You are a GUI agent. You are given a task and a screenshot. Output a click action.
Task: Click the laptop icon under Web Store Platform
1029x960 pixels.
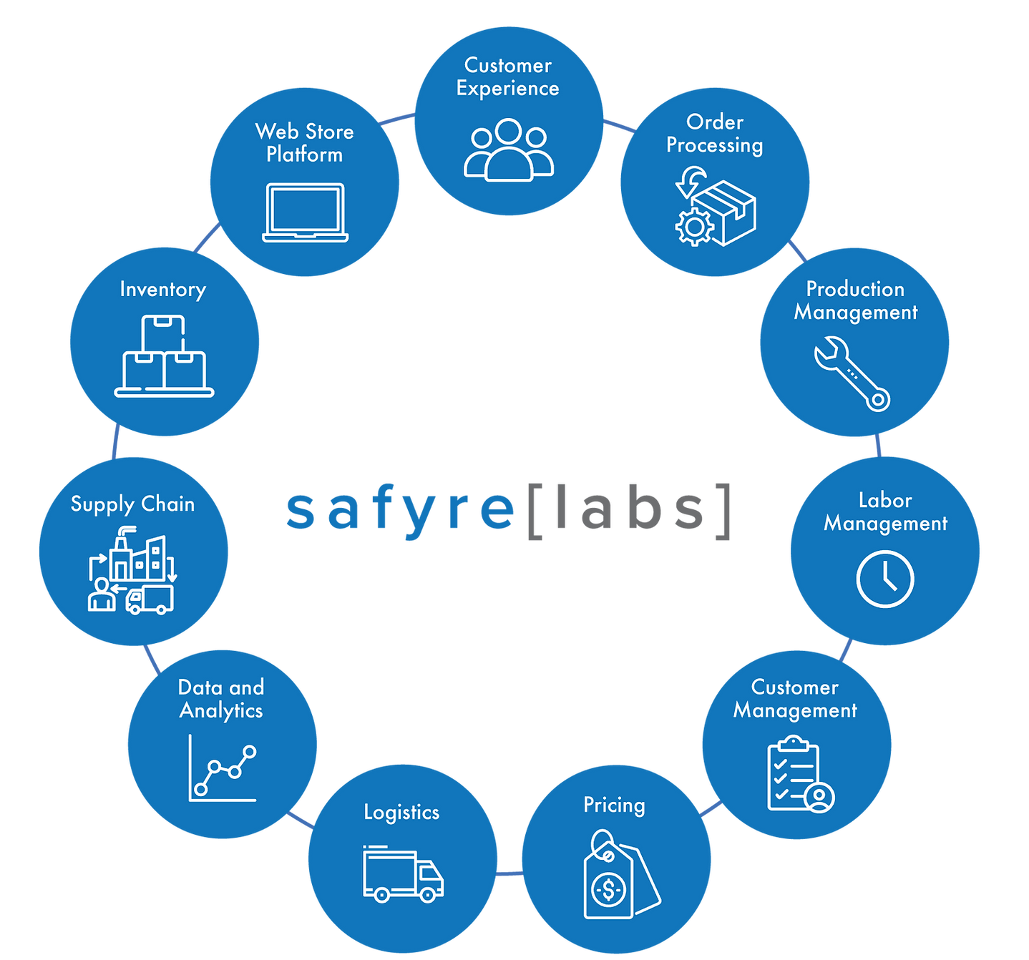coord(305,212)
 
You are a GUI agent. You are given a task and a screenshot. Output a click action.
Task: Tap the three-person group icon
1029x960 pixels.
coord(508,150)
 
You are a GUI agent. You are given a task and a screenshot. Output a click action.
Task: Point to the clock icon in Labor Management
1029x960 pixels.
coord(885,579)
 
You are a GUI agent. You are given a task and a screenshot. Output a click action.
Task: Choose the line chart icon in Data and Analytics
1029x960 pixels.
coord(223,768)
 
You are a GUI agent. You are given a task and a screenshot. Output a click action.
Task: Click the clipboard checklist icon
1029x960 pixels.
coord(800,775)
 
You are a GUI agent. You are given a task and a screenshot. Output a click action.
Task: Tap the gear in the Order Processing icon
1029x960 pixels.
coord(694,227)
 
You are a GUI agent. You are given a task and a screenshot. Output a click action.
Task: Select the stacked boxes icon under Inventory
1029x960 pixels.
coord(164,356)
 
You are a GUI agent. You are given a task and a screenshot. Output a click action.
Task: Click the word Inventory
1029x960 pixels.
coord(162,290)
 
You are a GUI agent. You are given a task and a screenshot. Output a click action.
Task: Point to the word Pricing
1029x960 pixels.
coord(614,805)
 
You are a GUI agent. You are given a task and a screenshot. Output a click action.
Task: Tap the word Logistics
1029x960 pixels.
coord(401,813)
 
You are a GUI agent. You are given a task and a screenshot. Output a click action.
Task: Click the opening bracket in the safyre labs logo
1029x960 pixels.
coord(535,512)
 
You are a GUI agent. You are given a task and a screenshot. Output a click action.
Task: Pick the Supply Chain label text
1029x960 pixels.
coord(132,505)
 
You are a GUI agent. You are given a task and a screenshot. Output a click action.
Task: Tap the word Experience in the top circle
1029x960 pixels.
coord(508,89)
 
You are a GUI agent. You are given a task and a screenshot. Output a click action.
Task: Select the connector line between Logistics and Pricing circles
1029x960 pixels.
coord(509,874)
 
